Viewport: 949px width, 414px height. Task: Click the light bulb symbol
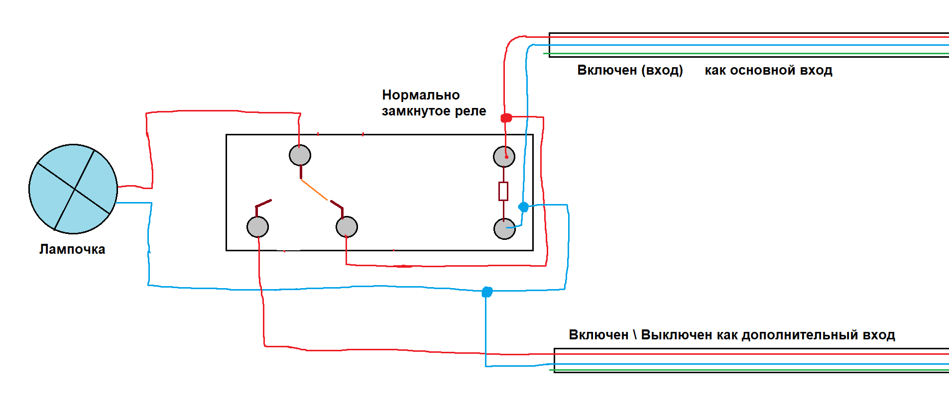[73, 189]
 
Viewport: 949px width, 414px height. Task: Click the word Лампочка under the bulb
[72, 249]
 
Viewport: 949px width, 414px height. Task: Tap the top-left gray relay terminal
[300, 155]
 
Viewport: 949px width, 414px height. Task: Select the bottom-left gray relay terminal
[257, 227]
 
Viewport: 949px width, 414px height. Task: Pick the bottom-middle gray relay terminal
[347, 227]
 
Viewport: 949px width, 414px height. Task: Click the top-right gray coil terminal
[504, 157]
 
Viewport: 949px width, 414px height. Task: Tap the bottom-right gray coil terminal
[504, 229]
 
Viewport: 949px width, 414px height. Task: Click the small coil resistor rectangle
[503, 191]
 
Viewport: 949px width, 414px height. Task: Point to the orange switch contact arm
[314, 190]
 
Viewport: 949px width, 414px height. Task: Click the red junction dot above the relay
[506, 118]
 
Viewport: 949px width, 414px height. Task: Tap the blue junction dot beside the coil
[523, 207]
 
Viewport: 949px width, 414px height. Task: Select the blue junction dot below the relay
[487, 292]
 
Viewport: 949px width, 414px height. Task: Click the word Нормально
[421, 95]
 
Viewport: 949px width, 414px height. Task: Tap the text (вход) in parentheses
[662, 70]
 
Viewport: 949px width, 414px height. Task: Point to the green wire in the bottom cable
[749, 370]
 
